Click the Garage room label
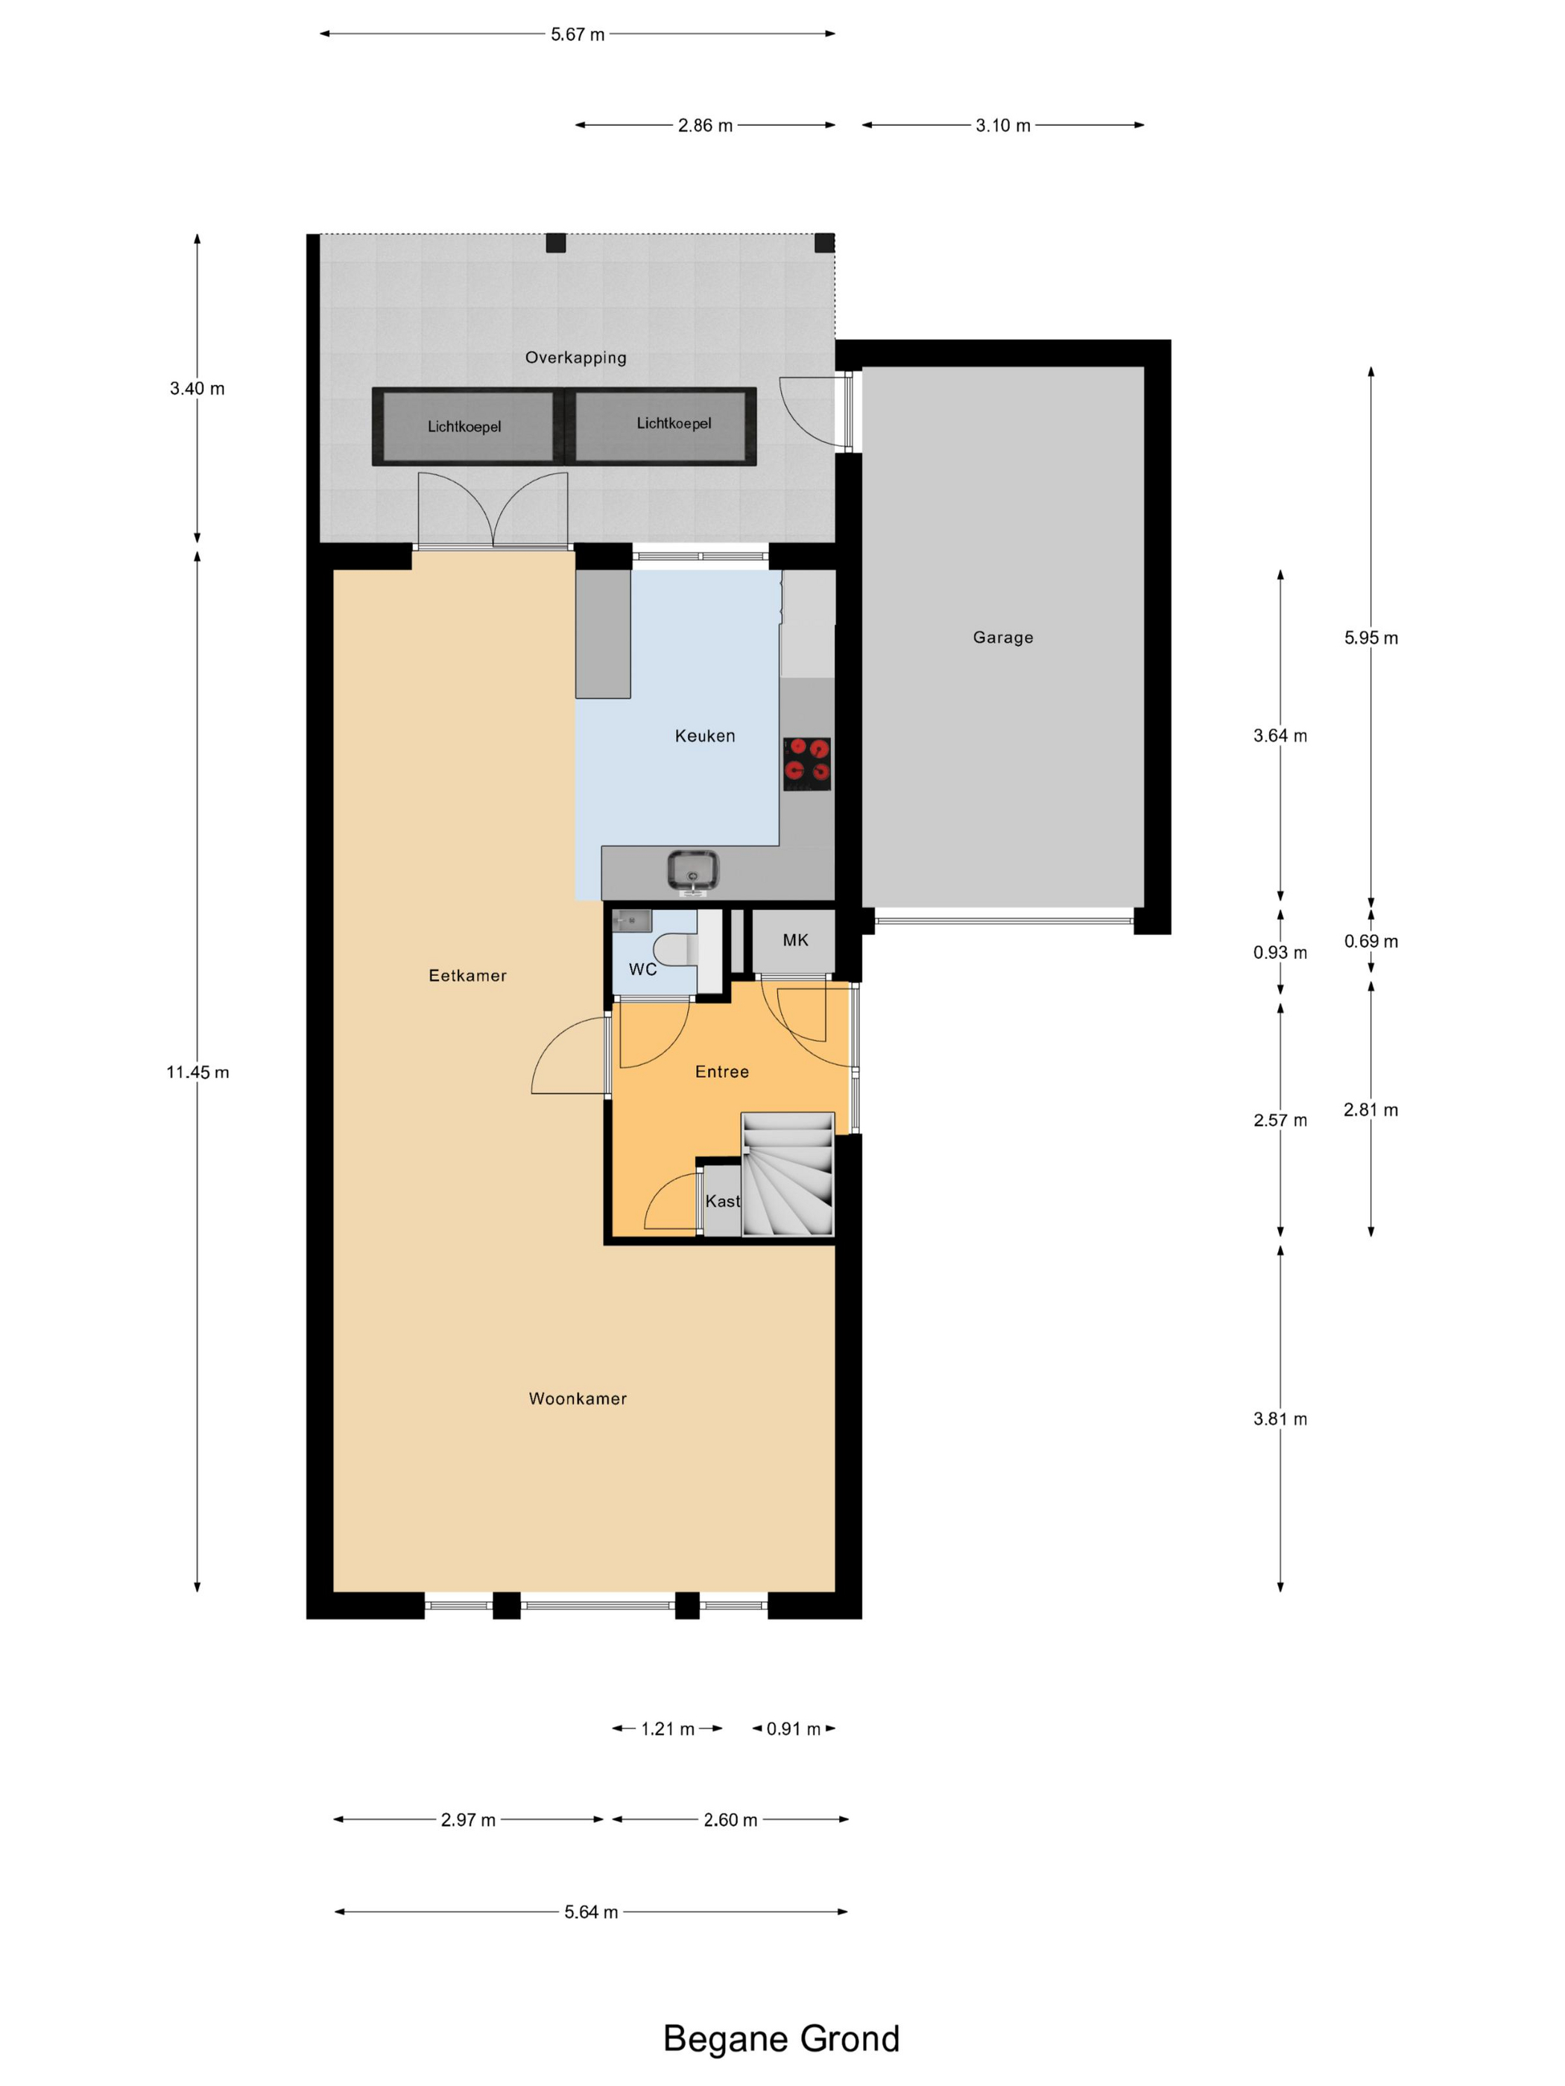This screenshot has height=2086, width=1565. tap(1003, 638)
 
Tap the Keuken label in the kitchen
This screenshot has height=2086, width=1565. tap(705, 735)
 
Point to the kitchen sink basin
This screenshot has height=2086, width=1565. tap(693, 869)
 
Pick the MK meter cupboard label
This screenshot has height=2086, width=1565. tap(795, 939)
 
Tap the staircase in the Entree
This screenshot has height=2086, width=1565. tap(788, 1174)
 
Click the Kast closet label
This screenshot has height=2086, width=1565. tap(723, 1200)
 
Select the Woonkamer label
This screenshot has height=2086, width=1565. tap(578, 1398)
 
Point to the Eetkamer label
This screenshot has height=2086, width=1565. tap(468, 975)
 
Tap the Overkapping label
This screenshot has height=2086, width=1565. tap(575, 358)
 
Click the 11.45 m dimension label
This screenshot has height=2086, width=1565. tap(197, 1071)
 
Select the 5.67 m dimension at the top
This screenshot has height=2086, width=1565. tap(578, 34)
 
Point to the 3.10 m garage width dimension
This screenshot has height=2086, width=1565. tap(1003, 124)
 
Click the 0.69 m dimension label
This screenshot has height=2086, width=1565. tap(1370, 940)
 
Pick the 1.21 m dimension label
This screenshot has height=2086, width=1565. tap(667, 1728)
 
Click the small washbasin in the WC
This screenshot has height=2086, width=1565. tap(631, 919)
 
